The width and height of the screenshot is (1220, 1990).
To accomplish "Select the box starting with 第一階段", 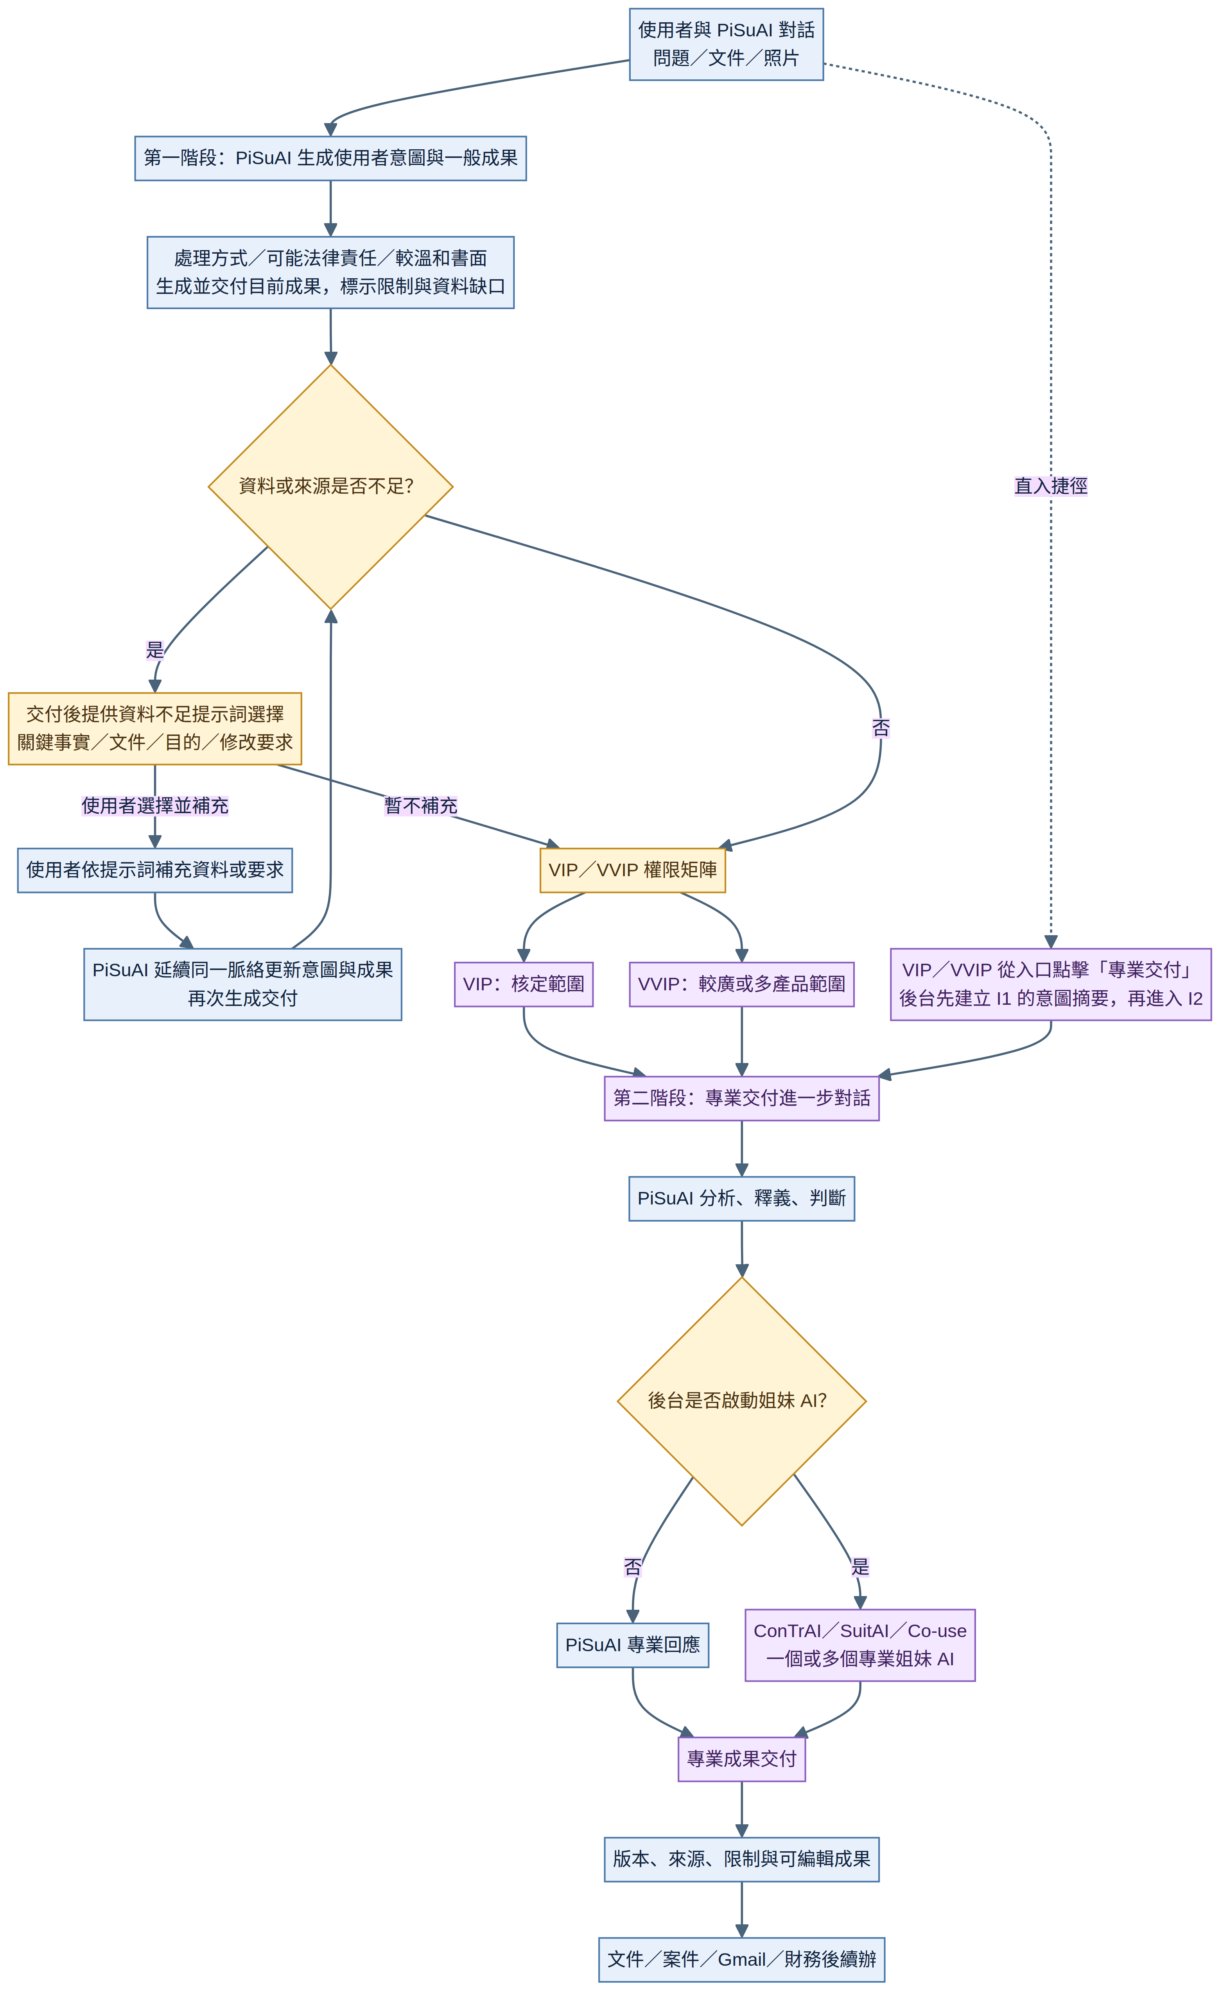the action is pos(330,158).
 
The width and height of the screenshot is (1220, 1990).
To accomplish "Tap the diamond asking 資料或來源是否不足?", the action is pos(330,487).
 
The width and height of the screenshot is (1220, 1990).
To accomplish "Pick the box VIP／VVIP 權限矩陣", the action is pos(633,871).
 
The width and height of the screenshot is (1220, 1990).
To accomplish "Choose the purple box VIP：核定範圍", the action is pos(524,984).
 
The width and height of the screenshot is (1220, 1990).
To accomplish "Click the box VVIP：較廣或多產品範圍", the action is pos(742,984).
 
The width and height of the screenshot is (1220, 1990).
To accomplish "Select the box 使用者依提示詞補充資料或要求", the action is pos(155,871).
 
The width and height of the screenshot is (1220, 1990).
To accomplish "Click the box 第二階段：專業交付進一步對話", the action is pos(742,1099).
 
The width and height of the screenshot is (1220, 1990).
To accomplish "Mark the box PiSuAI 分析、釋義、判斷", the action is pos(742,1199).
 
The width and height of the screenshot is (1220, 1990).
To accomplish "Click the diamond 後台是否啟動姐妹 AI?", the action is pos(742,1401).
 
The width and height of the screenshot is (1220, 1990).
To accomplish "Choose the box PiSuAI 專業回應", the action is pos(633,1645).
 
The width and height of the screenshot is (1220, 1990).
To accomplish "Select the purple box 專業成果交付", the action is pos(742,1759).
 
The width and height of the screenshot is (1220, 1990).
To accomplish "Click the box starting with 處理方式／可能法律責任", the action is pos(330,273).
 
